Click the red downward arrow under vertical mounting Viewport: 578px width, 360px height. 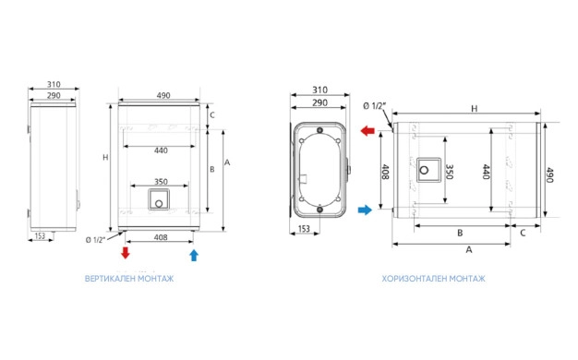click(126, 253)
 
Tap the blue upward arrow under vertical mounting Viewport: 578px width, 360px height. click(194, 256)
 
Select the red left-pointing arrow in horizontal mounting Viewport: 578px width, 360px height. click(367, 131)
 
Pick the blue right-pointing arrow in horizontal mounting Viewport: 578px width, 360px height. click(365, 210)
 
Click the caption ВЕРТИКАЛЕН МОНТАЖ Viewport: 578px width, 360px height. click(129, 279)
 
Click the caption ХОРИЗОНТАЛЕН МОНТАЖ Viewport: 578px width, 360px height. click(434, 279)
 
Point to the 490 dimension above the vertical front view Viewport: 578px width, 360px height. click(163, 95)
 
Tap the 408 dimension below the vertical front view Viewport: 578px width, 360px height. click(161, 237)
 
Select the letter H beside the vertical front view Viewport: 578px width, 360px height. click(105, 157)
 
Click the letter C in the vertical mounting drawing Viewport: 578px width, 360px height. click(212, 115)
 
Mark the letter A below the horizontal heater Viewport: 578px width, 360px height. click(469, 250)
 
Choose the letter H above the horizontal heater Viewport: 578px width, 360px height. click(474, 109)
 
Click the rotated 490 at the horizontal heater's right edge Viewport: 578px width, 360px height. click(549, 175)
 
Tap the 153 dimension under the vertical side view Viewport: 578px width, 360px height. click(40, 235)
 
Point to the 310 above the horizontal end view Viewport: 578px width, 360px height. click(319, 90)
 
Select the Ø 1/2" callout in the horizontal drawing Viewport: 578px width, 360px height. click(375, 106)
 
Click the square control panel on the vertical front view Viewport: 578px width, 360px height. click(159, 199)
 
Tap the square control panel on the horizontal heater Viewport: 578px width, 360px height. click(428, 170)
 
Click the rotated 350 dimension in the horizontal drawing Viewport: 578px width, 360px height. click(450, 172)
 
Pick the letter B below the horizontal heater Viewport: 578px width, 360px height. click(460, 233)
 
